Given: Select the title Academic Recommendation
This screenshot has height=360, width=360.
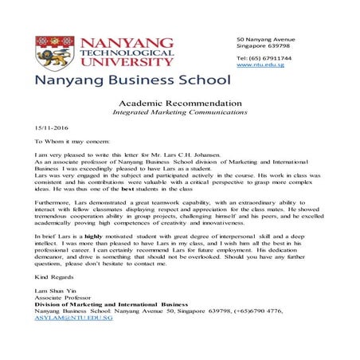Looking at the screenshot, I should (179, 104).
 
